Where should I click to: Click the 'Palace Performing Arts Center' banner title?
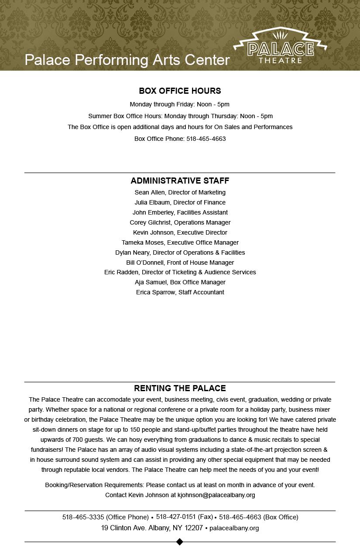pyautogui.click(x=127, y=60)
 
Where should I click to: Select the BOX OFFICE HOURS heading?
pyautogui.click(x=180, y=91)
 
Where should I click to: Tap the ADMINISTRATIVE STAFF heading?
pyautogui.click(x=180, y=181)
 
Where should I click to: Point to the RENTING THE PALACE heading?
pyautogui.click(x=180, y=388)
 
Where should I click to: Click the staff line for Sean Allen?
pyautogui.click(x=180, y=192)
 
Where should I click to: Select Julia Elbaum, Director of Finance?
pyautogui.click(x=180, y=202)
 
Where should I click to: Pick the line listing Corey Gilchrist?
pyautogui.click(x=180, y=222)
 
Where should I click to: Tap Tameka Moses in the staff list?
pyautogui.click(x=180, y=242)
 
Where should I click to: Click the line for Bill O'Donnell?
pyautogui.click(x=180, y=263)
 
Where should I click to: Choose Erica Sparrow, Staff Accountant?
pyautogui.click(x=180, y=292)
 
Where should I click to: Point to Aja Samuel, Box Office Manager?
pyautogui.click(x=180, y=282)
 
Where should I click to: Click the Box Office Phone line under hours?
pyautogui.click(x=180, y=139)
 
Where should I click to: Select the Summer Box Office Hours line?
pyautogui.click(x=180, y=116)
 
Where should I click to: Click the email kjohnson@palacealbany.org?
pyautogui.click(x=216, y=495)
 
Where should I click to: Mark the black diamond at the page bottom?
pyautogui.click(x=179, y=542)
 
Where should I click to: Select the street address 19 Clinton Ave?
pyautogui.click(x=152, y=528)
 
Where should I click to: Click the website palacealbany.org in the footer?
pyautogui.click(x=234, y=528)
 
